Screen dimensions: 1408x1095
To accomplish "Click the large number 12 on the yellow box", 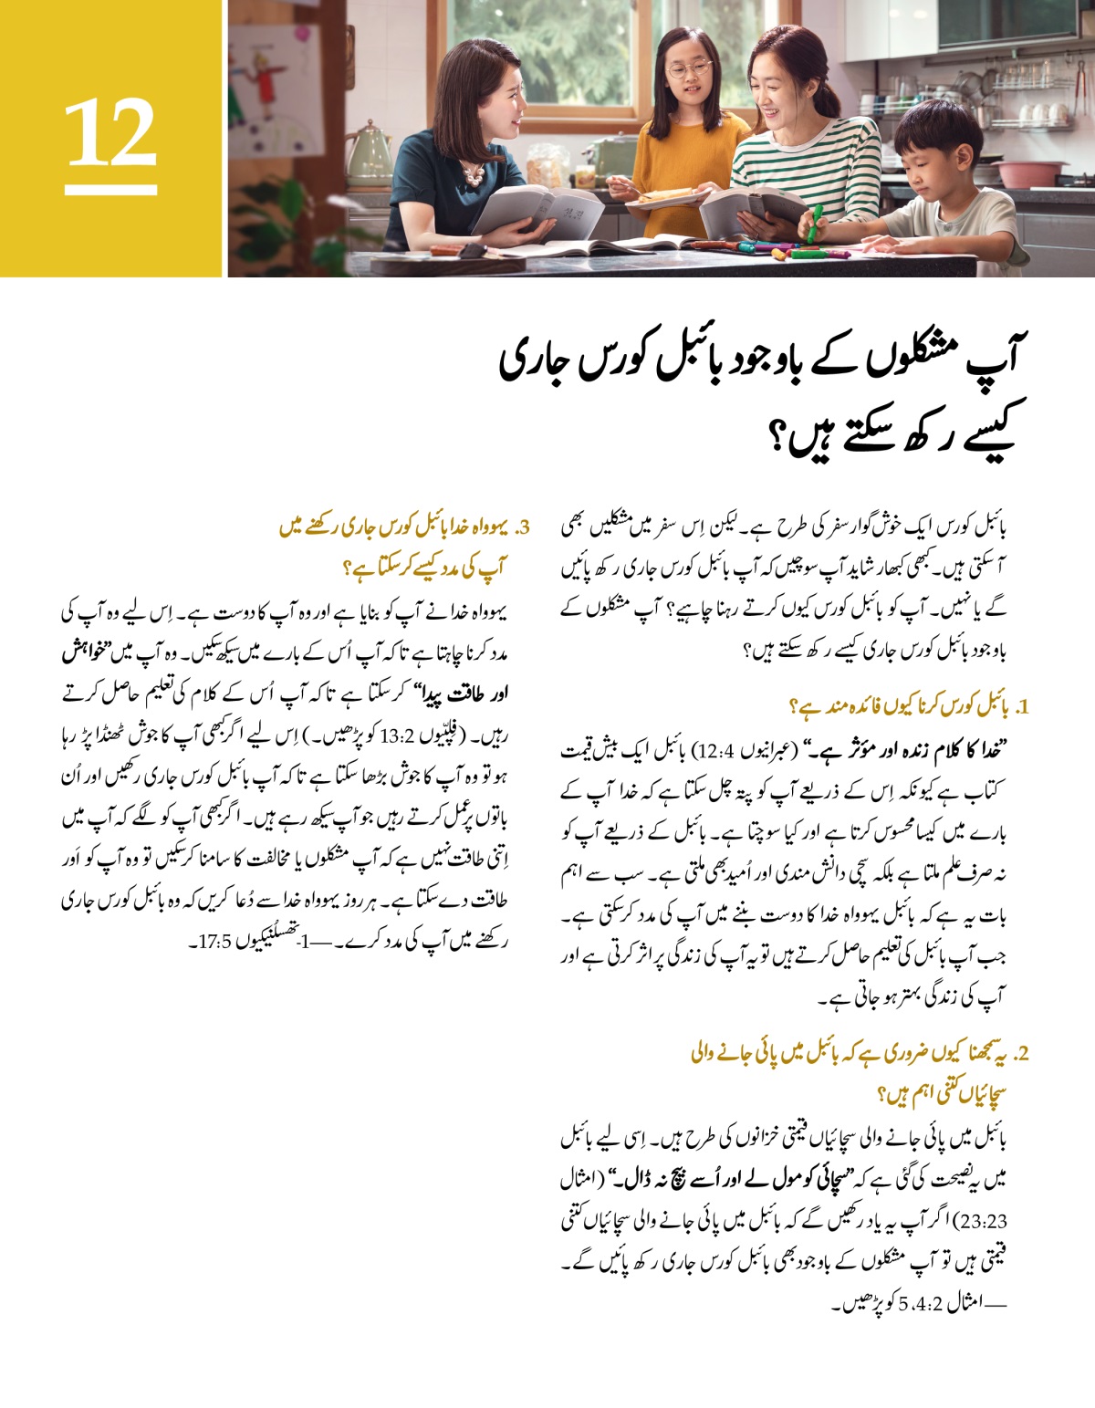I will pos(110,134).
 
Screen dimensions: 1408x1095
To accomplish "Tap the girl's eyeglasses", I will pos(688,69).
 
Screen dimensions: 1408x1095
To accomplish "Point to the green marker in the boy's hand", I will pos(814,223).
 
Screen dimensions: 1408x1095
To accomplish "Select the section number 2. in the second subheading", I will pos(1020,1054).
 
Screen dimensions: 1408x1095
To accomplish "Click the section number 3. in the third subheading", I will pos(523,527).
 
